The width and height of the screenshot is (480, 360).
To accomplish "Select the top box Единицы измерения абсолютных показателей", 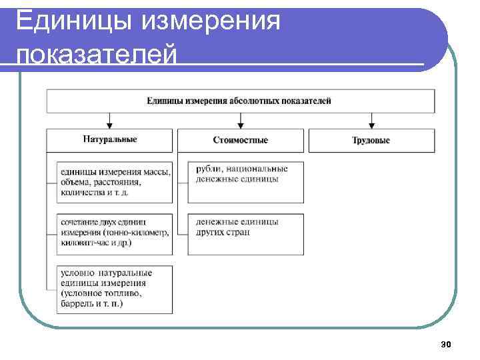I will tap(240, 101).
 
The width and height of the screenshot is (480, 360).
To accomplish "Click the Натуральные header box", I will tap(111, 140).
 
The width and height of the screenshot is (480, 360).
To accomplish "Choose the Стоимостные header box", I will tap(241, 140).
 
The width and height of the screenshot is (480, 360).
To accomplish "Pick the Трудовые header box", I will tap(371, 140).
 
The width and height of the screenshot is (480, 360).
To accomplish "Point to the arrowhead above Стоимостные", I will tap(241, 124).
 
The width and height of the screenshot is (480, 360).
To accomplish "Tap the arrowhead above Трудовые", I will tap(371, 124).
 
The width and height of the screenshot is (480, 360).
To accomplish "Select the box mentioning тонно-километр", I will tap(115, 233).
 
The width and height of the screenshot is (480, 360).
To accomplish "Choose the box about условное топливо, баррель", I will tap(115, 288).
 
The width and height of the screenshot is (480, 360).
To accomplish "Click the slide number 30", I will tap(446, 345).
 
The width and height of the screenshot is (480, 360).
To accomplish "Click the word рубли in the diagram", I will tap(208, 169).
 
